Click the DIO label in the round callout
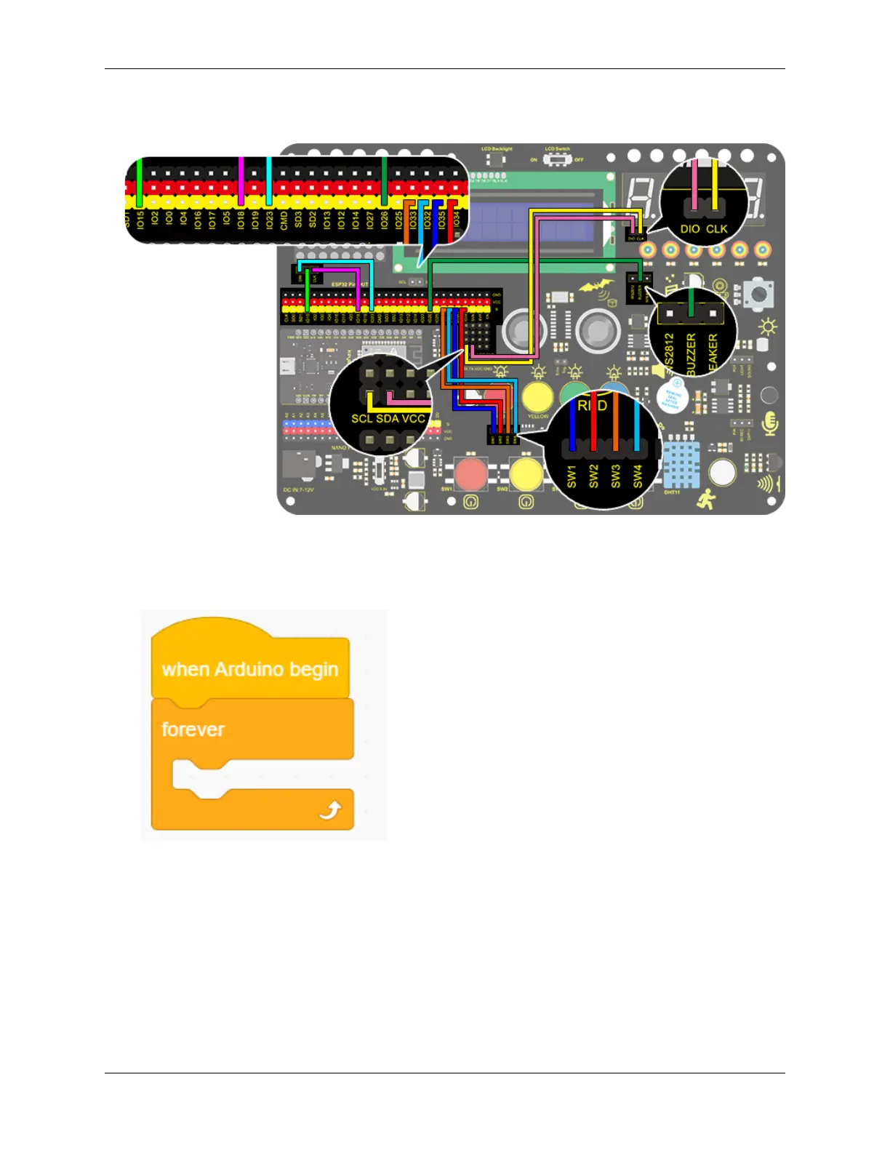[x=690, y=229]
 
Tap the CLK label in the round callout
[x=716, y=229]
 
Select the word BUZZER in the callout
[x=691, y=353]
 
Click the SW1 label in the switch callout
[x=572, y=476]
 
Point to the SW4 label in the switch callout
[x=638, y=476]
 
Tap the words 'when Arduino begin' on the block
[x=249, y=669]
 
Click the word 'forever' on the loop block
[x=193, y=729]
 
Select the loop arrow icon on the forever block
[x=331, y=810]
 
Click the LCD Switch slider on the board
[x=558, y=159]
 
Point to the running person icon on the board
[x=706, y=499]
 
